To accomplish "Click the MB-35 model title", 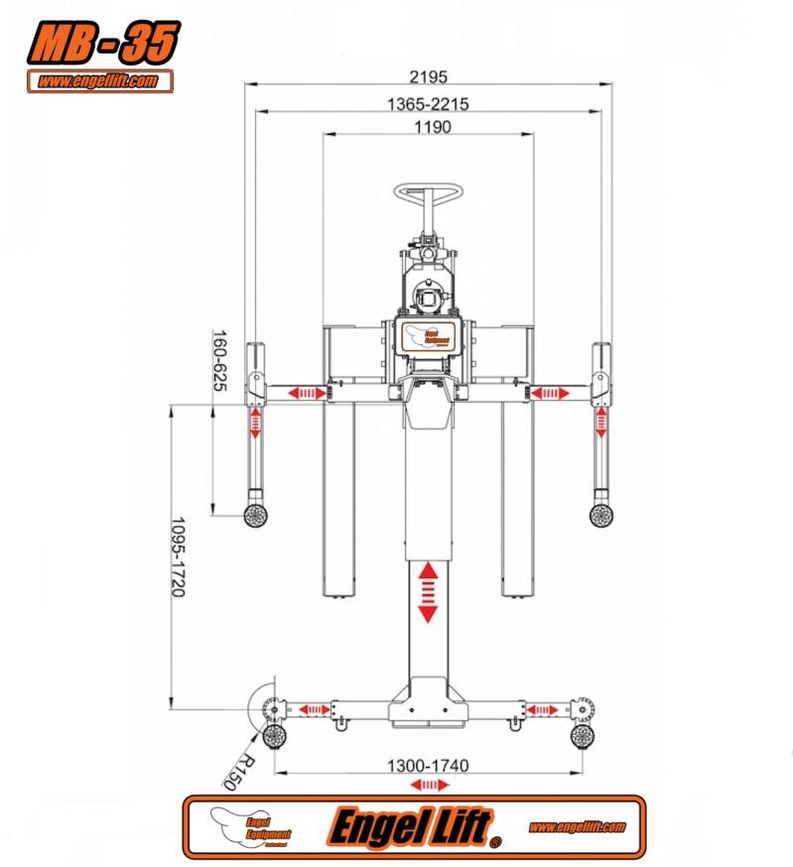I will point(103,42).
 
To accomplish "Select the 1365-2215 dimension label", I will point(428,103).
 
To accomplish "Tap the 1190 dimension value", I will point(428,127).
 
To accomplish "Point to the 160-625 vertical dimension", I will point(219,360).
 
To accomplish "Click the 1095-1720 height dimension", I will point(178,557).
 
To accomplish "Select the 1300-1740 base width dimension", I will point(428,765).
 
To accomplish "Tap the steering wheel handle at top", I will point(430,190).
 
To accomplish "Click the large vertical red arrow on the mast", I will point(428,591).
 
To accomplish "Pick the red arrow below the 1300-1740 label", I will point(428,785).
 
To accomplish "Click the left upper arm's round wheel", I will point(256,515).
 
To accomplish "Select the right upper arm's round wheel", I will point(599,515).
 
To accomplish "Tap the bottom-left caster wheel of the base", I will point(274,735).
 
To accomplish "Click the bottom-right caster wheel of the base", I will point(582,735).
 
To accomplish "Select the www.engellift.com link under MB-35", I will point(99,81).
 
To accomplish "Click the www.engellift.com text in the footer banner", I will point(577,826).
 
